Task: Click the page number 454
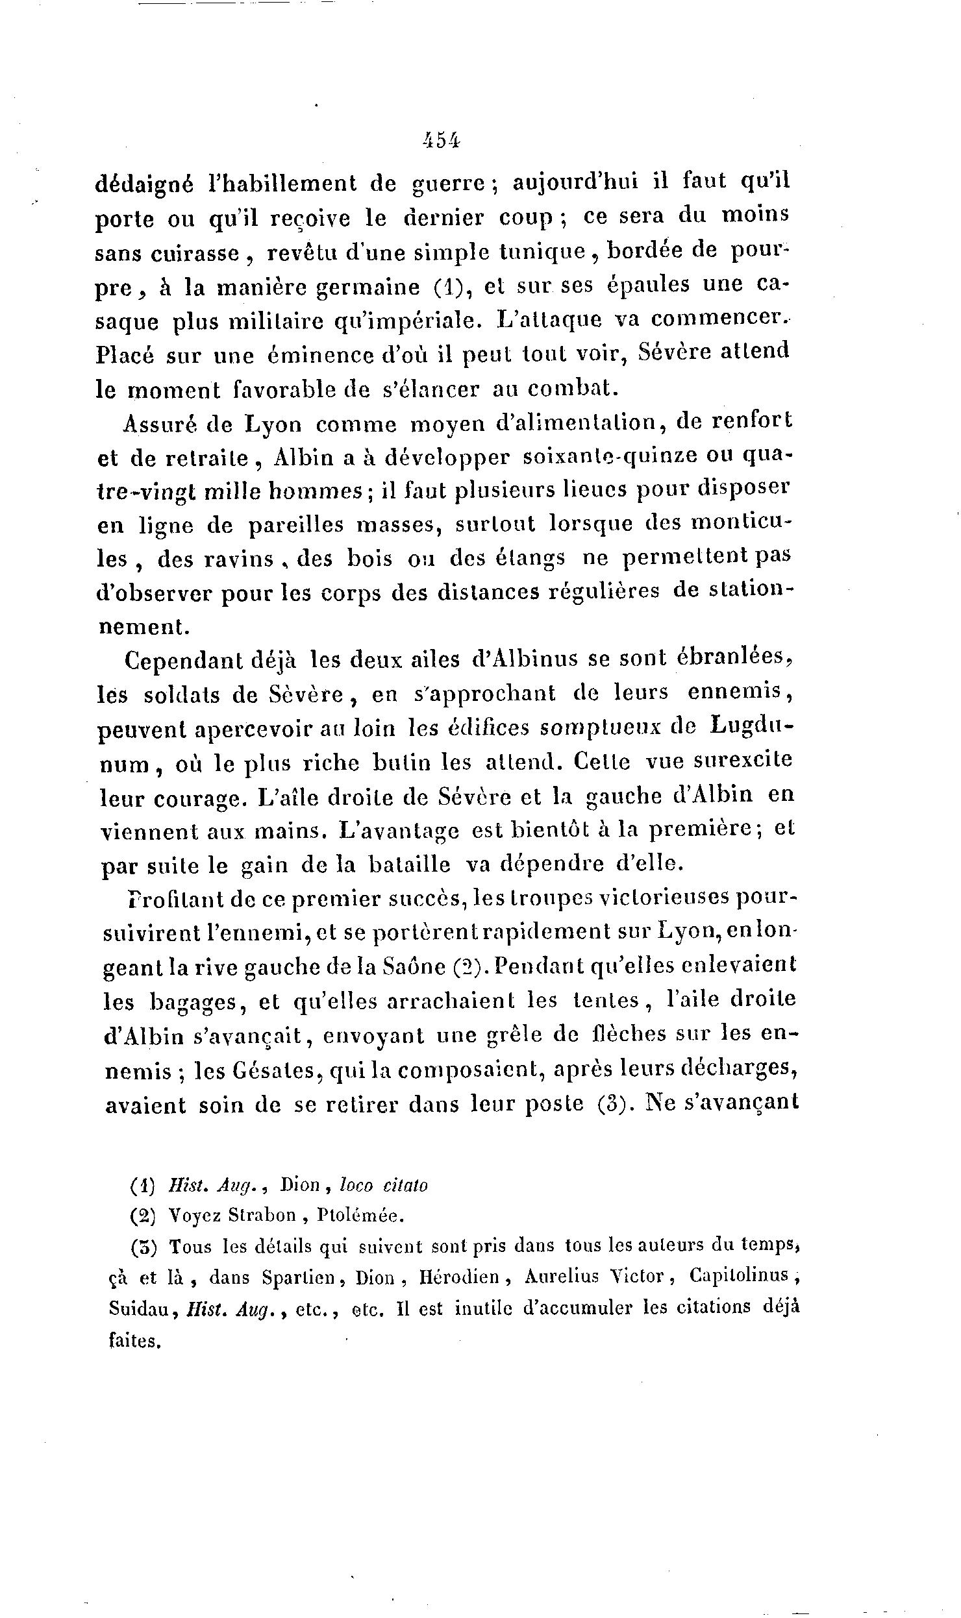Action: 441,140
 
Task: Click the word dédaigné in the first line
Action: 144,185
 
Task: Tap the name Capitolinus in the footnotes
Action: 738,1276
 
